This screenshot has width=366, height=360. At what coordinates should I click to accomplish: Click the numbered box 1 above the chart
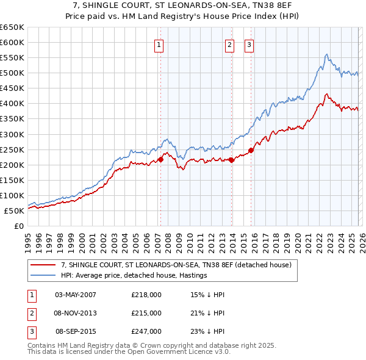click(x=159, y=44)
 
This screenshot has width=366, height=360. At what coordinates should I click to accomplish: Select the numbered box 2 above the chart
click(x=229, y=44)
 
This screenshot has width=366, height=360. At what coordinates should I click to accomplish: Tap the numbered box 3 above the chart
click(x=249, y=44)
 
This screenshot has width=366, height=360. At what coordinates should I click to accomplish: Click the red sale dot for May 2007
click(x=160, y=159)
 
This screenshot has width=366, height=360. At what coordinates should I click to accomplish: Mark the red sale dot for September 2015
click(x=251, y=150)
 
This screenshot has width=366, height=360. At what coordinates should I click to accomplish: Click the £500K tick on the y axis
click(x=12, y=73)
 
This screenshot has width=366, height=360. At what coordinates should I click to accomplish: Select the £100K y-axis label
click(x=12, y=195)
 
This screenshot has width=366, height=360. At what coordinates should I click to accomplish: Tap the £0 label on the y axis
click(x=18, y=226)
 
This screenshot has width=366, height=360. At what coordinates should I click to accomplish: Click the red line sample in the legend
click(x=43, y=265)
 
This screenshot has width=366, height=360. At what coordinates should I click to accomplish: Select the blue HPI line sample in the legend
click(x=43, y=276)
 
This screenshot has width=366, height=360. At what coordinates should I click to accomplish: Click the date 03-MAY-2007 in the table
click(x=76, y=295)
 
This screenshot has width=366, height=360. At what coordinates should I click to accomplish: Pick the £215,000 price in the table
click(x=146, y=313)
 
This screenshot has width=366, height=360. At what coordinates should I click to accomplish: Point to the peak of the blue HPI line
click(x=327, y=54)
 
